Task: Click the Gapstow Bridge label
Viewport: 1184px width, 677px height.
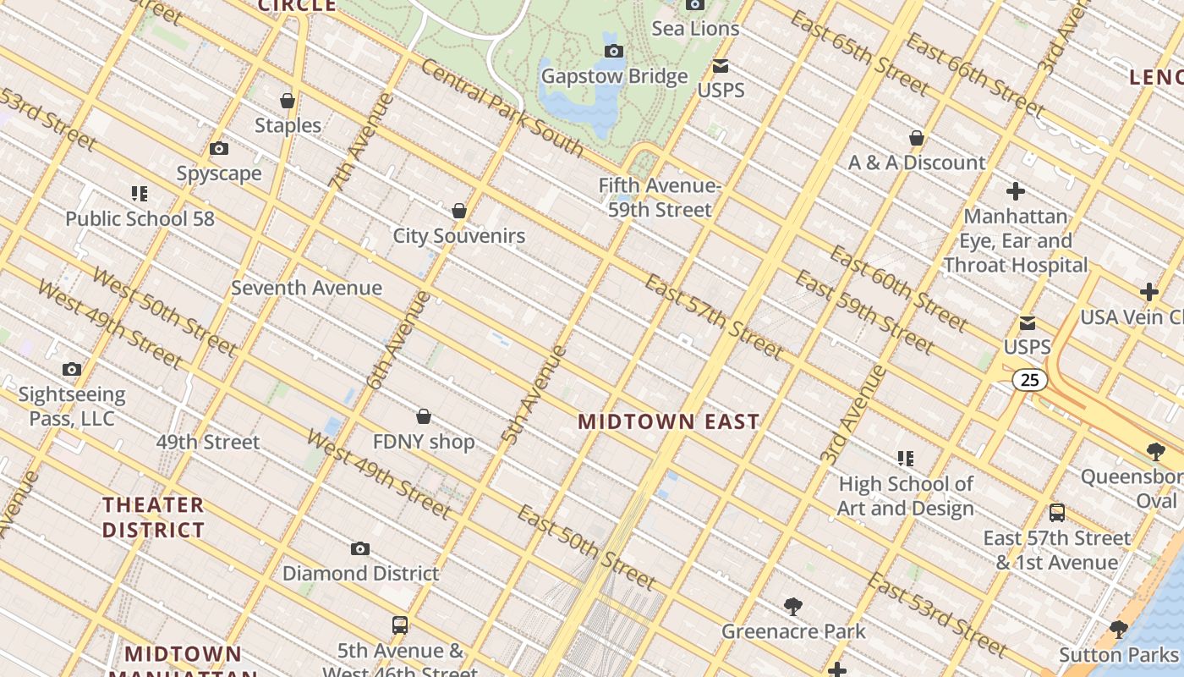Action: click(x=614, y=76)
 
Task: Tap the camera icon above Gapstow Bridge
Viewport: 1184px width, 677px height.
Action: click(x=614, y=52)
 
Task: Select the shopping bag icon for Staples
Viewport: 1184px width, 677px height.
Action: click(x=288, y=101)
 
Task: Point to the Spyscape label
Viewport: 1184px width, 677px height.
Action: click(x=219, y=173)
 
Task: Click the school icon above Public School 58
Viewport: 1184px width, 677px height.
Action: click(x=140, y=194)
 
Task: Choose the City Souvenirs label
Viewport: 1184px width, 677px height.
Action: click(x=458, y=236)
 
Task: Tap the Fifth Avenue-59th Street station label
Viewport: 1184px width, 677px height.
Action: click(x=660, y=197)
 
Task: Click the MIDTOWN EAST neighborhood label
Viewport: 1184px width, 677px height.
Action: click(x=668, y=421)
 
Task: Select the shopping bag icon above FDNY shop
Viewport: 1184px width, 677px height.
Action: click(x=424, y=416)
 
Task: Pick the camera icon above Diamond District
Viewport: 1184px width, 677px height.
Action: click(x=360, y=548)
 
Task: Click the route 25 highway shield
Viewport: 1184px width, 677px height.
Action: click(x=1029, y=380)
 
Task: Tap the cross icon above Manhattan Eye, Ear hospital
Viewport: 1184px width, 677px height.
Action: click(x=1016, y=191)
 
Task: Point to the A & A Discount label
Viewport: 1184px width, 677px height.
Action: click(x=917, y=162)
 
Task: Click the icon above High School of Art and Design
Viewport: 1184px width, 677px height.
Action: click(x=906, y=459)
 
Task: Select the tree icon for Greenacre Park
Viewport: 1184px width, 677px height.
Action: click(x=793, y=606)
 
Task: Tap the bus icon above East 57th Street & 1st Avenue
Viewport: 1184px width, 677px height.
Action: click(x=1056, y=513)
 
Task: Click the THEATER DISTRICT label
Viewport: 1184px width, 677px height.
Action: click(x=154, y=517)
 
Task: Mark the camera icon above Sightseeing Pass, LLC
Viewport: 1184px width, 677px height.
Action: click(x=72, y=369)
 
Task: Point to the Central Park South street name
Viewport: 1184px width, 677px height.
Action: click(x=502, y=107)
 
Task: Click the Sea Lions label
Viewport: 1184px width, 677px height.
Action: click(x=695, y=29)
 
